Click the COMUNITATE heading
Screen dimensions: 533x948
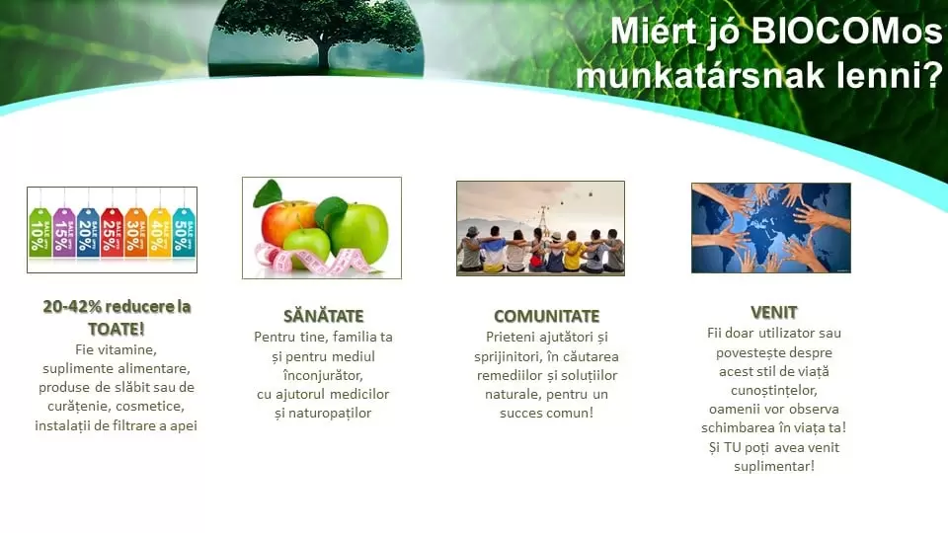(546, 316)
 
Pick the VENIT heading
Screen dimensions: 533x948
(773, 312)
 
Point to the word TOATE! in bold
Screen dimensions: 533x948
(116, 329)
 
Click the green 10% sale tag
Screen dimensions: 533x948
(39, 232)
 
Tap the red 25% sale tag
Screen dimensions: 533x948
(111, 232)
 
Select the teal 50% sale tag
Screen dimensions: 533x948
(184, 232)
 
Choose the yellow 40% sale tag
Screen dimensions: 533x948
(159, 232)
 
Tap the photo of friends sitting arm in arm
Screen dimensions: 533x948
(540, 228)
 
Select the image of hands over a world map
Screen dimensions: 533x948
(770, 228)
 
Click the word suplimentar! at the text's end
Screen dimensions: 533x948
(772, 466)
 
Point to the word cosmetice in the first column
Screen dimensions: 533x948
(155, 406)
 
